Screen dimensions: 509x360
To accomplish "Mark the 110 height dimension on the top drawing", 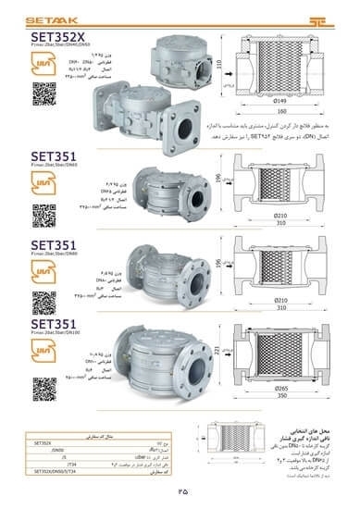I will (x=220, y=68).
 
